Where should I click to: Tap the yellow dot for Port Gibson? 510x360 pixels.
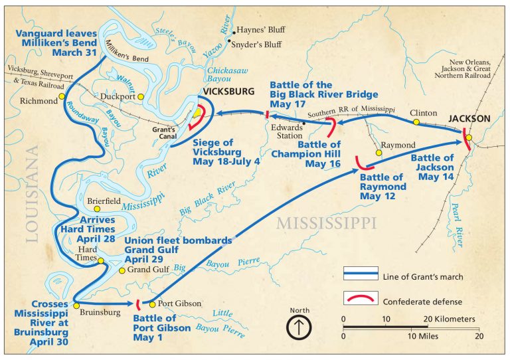153,304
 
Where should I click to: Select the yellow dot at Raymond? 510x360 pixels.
379,153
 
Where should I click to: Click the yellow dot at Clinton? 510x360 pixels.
416,122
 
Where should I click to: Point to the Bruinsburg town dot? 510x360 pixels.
76,305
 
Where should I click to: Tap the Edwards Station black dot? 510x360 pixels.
303,123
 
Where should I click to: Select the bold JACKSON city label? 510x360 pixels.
469,118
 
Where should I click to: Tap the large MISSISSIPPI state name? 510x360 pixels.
327,221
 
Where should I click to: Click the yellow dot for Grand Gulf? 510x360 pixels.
122,270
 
